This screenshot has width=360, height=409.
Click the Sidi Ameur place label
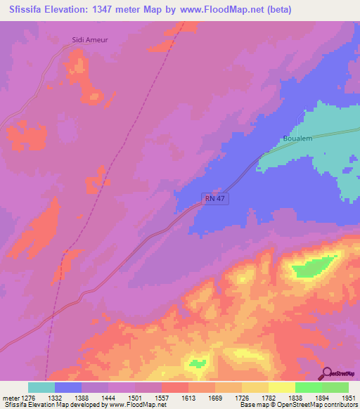[90, 41]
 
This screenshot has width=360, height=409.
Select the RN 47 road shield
[216, 200]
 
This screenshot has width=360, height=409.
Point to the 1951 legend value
[349, 397]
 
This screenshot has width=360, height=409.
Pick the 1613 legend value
[189, 397]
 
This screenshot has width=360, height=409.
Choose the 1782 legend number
[269, 397]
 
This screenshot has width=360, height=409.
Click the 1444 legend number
[109, 397]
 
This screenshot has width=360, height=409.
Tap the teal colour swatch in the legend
[41, 387]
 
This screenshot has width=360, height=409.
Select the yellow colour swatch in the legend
[282, 387]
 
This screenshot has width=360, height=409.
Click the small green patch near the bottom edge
[198, 363]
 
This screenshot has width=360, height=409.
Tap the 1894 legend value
[322, 397]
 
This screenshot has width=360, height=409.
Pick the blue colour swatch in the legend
[68, 387]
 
